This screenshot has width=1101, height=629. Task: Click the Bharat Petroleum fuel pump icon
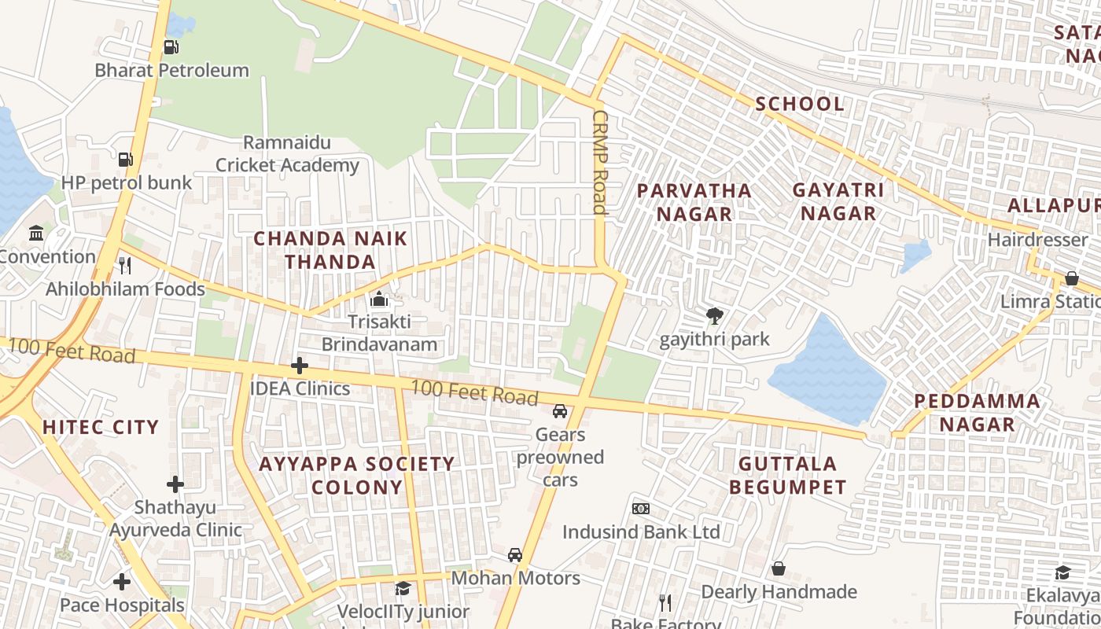pos(171,47)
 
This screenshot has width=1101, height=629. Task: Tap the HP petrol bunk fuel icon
pos(125,160)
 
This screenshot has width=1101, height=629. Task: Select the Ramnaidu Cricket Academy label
pos(287,154)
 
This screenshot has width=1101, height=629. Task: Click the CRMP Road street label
pos(600,162)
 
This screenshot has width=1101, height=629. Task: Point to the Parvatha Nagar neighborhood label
pos(694,202)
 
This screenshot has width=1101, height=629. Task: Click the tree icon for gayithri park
pos(714,317)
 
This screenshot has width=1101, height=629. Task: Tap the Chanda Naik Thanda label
pos(330,250)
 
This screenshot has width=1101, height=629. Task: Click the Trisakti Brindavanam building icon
pos(379,300)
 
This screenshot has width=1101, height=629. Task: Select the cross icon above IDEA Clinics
pos(299,366)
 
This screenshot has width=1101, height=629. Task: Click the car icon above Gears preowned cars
pos(560,411)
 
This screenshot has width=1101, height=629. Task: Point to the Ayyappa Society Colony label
pos(357,476)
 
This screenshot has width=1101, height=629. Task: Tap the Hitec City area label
pos(101,427)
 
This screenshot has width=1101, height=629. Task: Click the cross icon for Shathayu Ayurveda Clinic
pos(175,484)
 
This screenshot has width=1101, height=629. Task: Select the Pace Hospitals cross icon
pos(122,583)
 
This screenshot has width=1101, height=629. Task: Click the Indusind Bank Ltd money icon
pos(641,509)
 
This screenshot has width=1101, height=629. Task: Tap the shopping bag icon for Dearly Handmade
pos(778,568)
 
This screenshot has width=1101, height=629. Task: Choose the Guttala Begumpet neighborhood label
pos(787,475)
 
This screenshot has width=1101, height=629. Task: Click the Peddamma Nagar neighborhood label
pos(977,413)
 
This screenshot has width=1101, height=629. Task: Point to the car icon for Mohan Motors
pos(515,556)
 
